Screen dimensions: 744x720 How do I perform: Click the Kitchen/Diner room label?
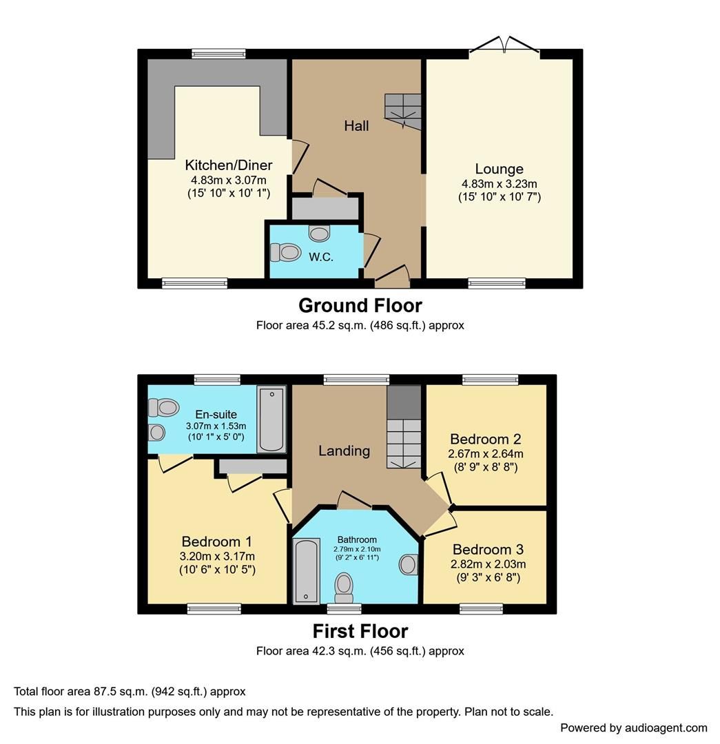point(228,165)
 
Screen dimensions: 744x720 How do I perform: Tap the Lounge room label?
point(499,169)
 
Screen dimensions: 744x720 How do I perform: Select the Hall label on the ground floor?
point(356,125)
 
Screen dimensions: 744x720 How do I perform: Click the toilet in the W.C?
point(285,254)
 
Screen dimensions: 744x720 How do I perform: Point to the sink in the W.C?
point(319,234)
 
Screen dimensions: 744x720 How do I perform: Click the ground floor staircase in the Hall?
point(402,111)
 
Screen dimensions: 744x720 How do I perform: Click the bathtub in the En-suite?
point(271,419)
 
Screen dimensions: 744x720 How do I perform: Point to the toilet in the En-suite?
point(163,409)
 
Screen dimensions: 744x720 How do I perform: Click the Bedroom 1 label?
point(217,541)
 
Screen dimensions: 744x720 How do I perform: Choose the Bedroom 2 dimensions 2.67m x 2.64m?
point(486,453)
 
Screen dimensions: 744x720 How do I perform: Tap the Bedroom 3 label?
point(488,550)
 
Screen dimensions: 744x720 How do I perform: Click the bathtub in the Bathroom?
point(304,570)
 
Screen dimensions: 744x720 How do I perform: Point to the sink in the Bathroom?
point(409,565)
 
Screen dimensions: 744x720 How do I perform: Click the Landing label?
point(344,451)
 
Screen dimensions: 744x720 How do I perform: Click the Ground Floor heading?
point(360,304)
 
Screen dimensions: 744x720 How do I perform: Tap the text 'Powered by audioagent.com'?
point(633,727)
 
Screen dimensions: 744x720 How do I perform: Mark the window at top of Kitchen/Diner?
point(218,53)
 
